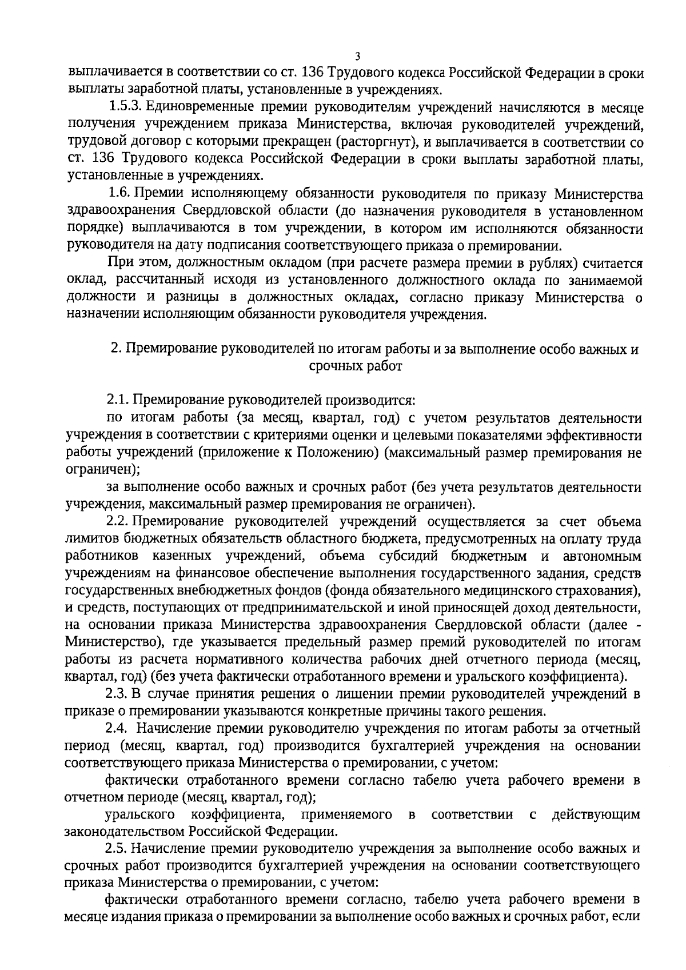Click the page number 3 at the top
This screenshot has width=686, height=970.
tap(358, 56)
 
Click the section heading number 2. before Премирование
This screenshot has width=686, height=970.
tap(115, 349)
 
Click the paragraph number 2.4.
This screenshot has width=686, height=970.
tap(118, 729)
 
